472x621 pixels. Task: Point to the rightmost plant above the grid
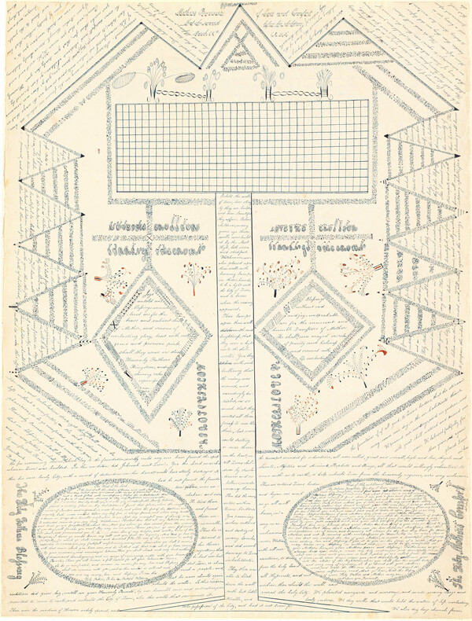[x=323, y=81]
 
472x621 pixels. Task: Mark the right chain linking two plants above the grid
[x=295, y=94]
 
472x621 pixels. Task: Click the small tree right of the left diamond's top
[x=195, y=274]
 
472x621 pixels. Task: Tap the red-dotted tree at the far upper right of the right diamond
[x=363, y=275]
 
